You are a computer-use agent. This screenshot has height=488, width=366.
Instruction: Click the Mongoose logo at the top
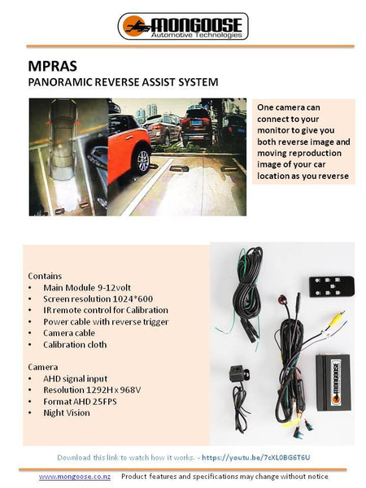tap(182, 26)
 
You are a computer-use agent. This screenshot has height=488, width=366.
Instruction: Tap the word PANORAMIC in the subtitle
tap(61, 82)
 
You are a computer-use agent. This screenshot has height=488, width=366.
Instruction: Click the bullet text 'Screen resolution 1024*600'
tap(90, 298)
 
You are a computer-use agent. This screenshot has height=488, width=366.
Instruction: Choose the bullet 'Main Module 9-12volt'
tap(81, 287)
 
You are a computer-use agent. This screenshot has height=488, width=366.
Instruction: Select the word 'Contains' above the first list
tap(45, 276)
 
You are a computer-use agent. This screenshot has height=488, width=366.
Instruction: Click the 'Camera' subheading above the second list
tap(43, 367)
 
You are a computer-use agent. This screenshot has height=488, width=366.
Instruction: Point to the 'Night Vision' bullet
tap(67, 412)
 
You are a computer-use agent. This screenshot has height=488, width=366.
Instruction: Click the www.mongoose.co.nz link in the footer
tap(75, 476)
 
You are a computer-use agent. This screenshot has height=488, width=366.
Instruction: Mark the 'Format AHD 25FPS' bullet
tap(80, 401)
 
